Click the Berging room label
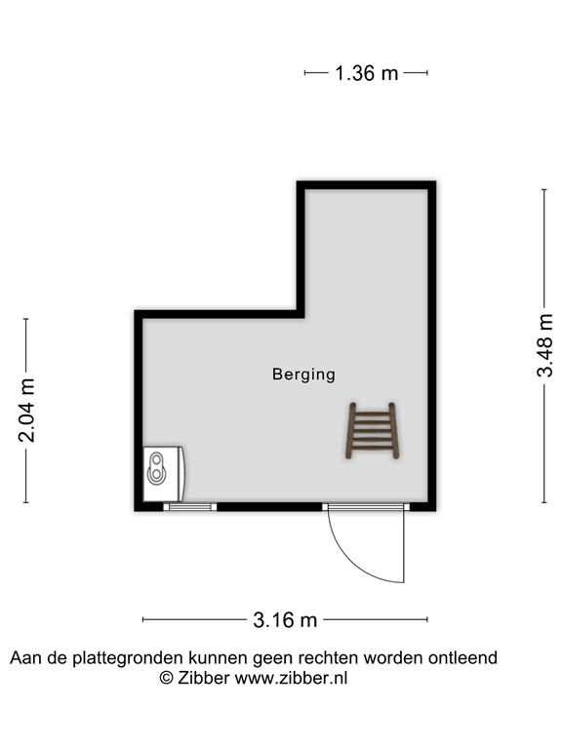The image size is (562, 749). tap(303, 374)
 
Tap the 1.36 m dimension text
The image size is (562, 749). tap(366, 73)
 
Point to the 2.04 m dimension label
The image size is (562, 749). tap(27, 410)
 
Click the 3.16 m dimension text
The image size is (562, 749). tap(285, 619)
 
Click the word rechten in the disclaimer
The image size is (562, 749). tap(327, 658)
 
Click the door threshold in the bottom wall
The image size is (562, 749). tap(364, 506)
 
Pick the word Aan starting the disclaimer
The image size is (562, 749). tap(25, 658)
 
